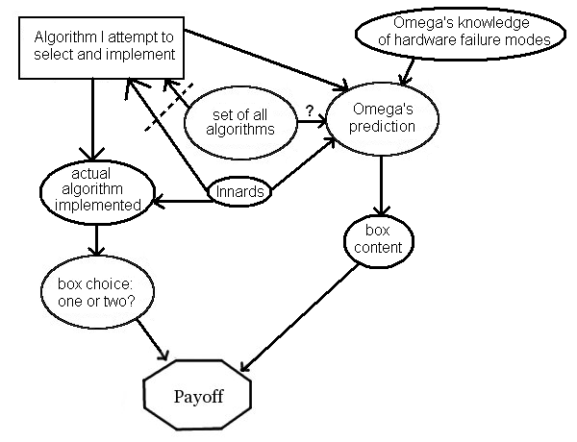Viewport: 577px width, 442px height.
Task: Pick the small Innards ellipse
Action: (x=240, y=192)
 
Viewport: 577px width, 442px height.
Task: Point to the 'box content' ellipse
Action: (x=383, y=239)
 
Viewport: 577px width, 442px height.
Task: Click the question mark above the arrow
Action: (x=309, y=110)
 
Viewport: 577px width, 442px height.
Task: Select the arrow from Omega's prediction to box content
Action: (x=383, y=183)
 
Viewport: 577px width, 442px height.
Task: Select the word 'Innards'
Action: (x=240, y=192)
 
